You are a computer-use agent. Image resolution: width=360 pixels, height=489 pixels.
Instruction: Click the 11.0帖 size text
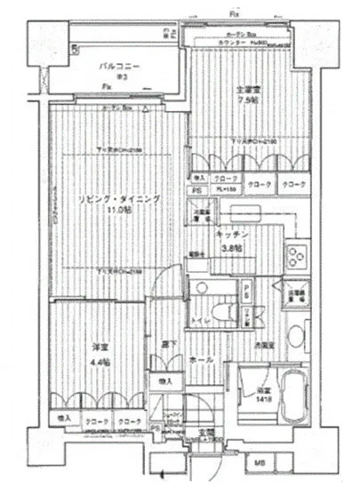[116, 212]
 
